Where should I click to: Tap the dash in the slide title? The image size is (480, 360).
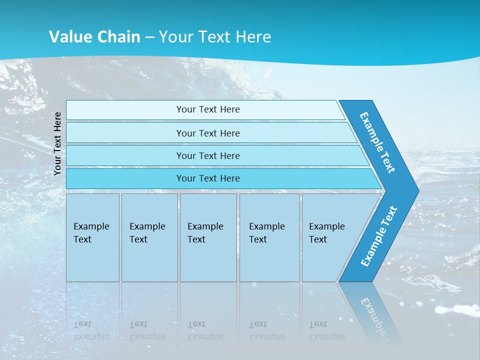point(150,37)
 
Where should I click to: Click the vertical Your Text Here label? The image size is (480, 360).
point(57,143)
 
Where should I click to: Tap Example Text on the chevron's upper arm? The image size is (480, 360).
point(377,142)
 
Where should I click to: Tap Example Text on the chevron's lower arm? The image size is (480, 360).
point(378,236)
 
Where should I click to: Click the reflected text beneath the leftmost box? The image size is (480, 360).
point(91,330)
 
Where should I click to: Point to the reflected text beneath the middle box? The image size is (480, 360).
point(205,330)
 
